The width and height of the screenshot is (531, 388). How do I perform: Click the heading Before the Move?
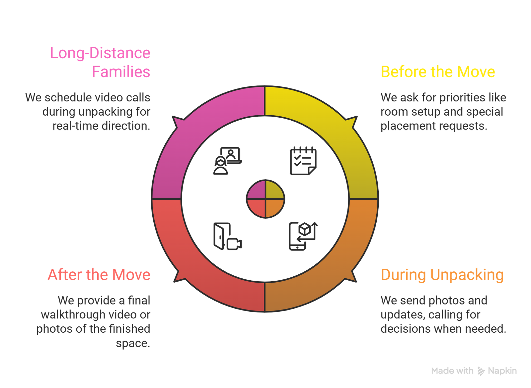pyautogui.click(x=437, y=72)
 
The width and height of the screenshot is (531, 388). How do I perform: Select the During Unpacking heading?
pyautogui.click(x=442, y=275)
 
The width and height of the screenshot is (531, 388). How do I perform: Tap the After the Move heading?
pyautogui.click(x=99, y=275)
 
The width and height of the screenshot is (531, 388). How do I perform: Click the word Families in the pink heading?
pyautogui.click(x=121, y=72)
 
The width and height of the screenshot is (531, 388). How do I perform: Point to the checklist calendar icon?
pyautogui.click(x=303, y=161)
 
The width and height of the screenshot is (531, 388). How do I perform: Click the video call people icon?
pyautogui.click(x=227, y=161)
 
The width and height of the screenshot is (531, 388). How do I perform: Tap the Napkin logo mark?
pyautogui.click(x=481, y=371)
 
